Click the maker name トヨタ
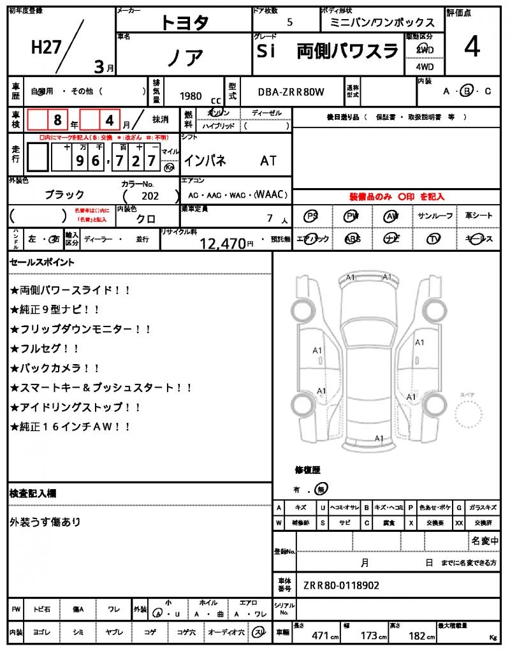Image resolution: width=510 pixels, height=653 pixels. tap(184, 22)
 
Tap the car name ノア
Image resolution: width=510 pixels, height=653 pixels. tap(186, 57)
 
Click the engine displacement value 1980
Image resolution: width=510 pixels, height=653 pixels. tap(191, 96)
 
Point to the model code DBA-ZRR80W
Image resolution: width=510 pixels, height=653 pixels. tap(291, 92)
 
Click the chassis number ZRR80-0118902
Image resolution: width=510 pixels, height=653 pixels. tap(341, 585)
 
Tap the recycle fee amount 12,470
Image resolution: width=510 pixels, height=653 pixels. tap(222, 242)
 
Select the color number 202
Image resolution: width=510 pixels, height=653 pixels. tap(150, 196)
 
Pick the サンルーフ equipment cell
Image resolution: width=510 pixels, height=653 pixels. tap(435, 216)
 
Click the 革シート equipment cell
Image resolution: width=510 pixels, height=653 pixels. tap(478, 216)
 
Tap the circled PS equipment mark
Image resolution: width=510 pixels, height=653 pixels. tap(311, 216)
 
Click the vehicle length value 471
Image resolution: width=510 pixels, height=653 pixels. tap(319, 635)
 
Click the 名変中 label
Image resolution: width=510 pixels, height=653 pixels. tap(484, 541)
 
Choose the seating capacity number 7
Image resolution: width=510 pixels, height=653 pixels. tap(270, 218)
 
